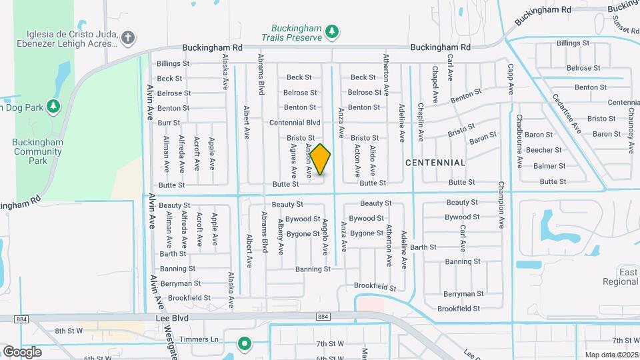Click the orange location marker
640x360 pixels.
tap(320, 159)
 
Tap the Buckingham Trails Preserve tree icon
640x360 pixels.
tap(331, 31)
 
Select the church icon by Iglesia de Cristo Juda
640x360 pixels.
tap(127, 38)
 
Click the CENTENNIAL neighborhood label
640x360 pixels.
tap(435, 163)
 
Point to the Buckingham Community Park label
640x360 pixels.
tap(38, 151)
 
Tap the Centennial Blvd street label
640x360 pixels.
tap(295, 123)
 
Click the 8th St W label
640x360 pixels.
tap(69, 331)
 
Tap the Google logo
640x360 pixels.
tap(22, 351)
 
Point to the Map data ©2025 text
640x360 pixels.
tap(611, 355)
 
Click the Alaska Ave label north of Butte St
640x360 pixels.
tap(225, 72)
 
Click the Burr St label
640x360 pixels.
tap(169, 123)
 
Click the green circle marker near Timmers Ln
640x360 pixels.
tap(245, 344)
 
